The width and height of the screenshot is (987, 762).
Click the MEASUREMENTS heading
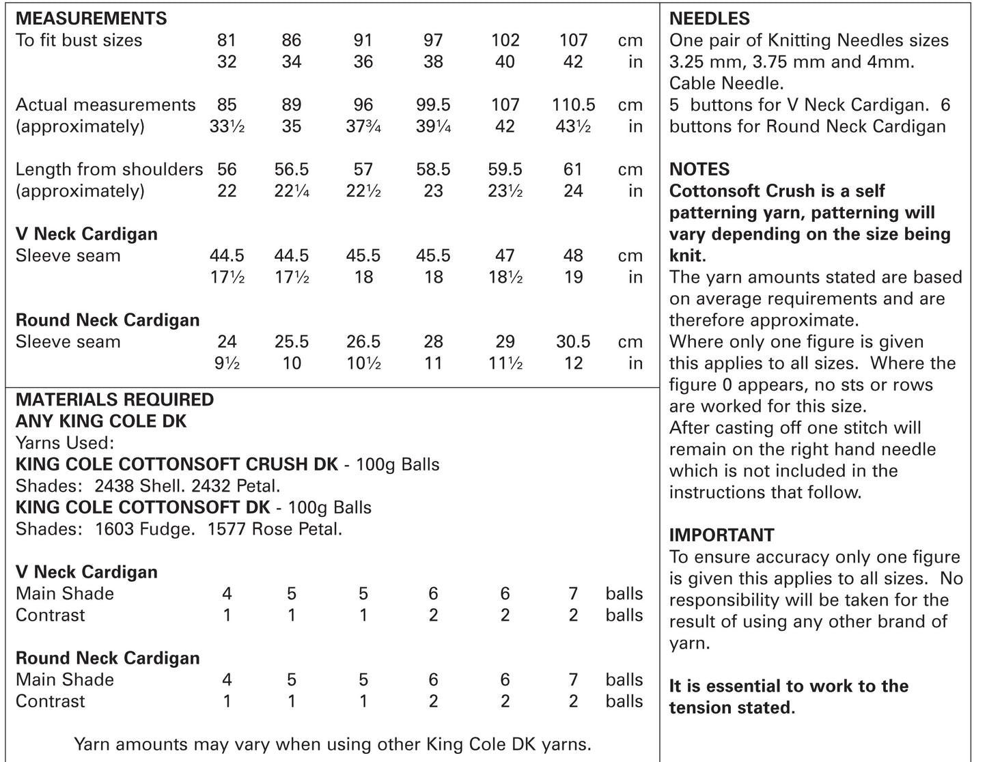[x=91, y=18]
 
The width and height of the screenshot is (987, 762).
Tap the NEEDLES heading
[x=709, y=18]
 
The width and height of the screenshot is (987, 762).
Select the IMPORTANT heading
[x=721, y=535]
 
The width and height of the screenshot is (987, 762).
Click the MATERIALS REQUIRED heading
[x=114, y=399]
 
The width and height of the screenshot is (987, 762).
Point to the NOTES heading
[x=699, y=169]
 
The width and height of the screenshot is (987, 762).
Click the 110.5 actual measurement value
[x=573, y=105]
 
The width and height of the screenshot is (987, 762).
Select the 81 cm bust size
[x=227, y=40]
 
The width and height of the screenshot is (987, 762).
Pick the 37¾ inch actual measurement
[x=363, y=127]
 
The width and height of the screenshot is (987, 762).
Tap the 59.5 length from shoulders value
[x=505, y=169]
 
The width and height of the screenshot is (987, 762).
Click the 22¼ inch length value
[x=292, y=191]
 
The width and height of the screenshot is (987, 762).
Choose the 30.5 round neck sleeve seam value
[x=573, y=341]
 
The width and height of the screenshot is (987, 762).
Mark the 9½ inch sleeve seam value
[x=227, y=363]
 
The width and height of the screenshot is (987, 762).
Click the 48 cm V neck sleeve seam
[x=573, y=255]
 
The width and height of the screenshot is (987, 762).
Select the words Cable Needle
[x=725, y=83]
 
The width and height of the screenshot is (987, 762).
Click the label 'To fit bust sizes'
[x=79, y=40]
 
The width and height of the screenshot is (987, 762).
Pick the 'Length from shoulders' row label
[x=109, y=169]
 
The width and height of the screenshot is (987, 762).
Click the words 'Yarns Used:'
[x=64, y=442]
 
